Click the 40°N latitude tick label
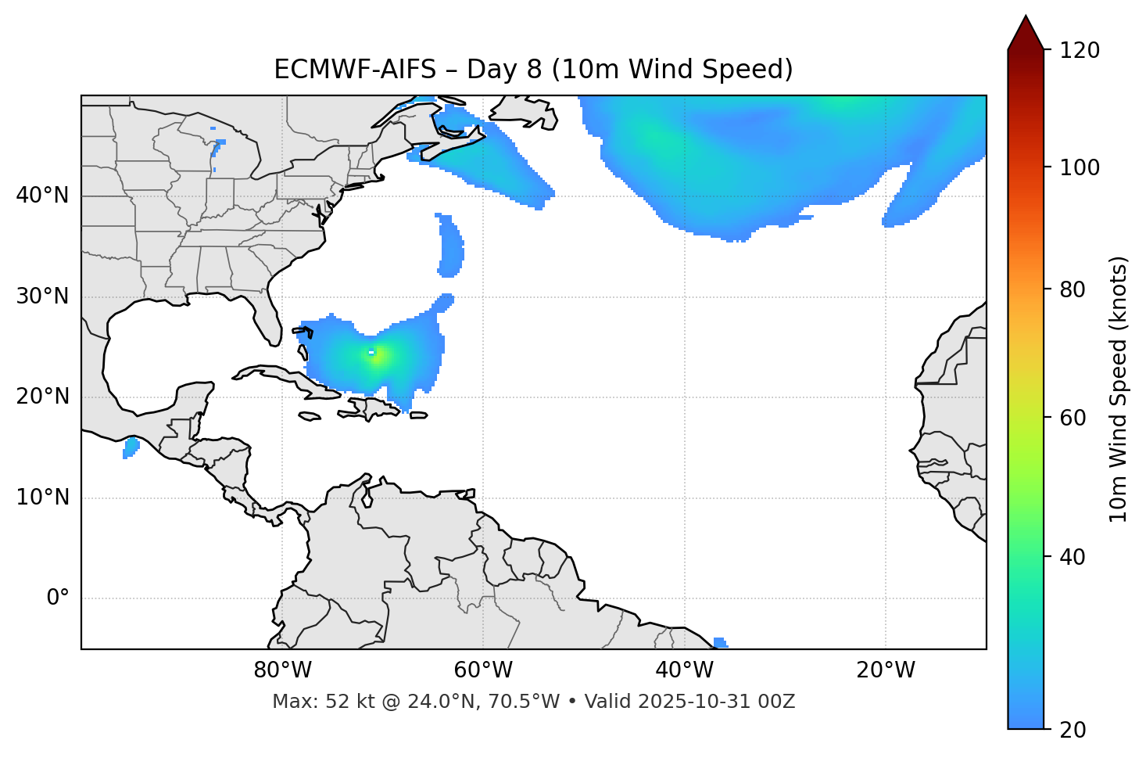click(x=42, y=196)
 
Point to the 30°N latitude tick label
click(x=42, y=296)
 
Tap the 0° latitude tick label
click(x=58, y=598)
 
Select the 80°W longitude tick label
click(x=282, y=670)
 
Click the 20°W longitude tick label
click(x=886, y=670)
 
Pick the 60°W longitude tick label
click(x=483, y=670)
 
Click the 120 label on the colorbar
click(x=1080, y=51)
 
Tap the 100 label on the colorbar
click(x=1080, y=167)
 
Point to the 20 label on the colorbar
click(x=1073, y=730)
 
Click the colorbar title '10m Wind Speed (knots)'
click(x=1119, y=389)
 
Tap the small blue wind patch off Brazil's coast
click(x=720, y=642)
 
